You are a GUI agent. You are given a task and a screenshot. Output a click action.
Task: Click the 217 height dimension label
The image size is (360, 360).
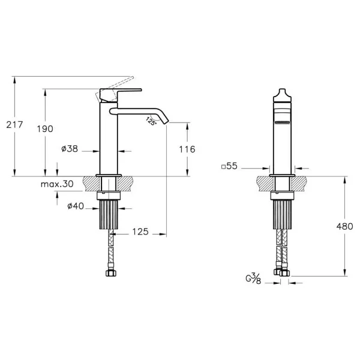point(14,125)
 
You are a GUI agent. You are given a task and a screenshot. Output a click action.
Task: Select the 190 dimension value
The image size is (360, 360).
point(45,129)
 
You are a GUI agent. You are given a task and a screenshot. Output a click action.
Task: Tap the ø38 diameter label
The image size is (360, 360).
point(70,149)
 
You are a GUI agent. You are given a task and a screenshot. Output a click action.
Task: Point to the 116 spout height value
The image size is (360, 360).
point(187,149)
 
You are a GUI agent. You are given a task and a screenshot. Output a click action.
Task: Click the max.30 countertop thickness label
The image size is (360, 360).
point(57,184)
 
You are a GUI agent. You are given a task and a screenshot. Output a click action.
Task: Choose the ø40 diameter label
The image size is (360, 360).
point(76,206)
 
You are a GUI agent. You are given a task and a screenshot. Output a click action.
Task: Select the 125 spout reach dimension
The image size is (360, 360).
point(140,232)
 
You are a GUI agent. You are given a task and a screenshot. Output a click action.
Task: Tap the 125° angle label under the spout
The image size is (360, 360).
point(151,121)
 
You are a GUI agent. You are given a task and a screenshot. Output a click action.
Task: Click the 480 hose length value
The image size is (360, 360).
point(344,226)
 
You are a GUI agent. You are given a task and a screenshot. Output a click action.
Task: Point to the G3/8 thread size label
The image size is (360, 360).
point(253,278)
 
